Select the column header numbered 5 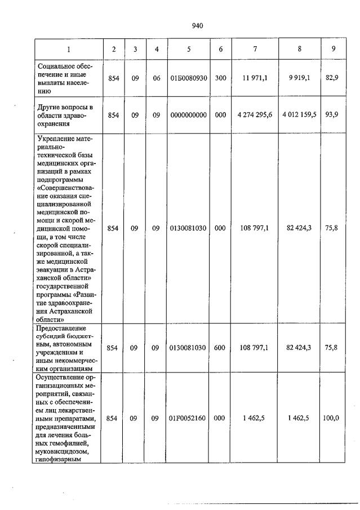(189, 49)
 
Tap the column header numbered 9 (334, 49)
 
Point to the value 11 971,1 (255, 78)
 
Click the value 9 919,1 (299, 78)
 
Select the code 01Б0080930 (189, 78)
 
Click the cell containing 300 (220, 78)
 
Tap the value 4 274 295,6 (255, 114)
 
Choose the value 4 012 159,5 (299, 114)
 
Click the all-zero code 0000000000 (189, 114)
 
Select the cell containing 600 (220, 348)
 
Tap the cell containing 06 (157, 78)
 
